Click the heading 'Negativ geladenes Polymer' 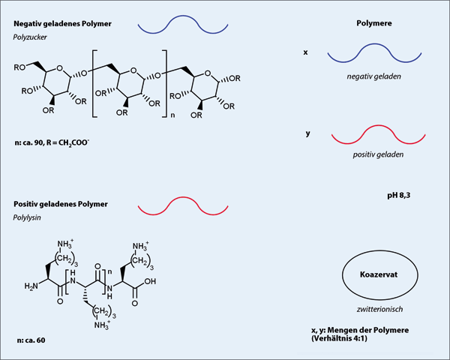[64, 24]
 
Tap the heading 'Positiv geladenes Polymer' [61, 205]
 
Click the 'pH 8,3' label [397, 195]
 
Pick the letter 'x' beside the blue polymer [305, 53]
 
